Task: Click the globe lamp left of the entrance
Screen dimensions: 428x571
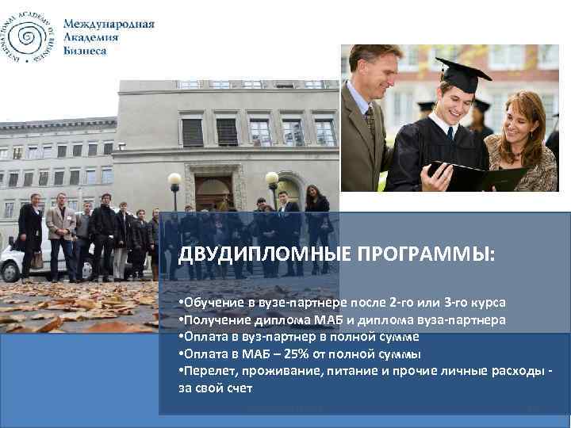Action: click(174, 180)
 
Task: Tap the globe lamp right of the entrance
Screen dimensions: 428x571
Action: click(272, 179)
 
